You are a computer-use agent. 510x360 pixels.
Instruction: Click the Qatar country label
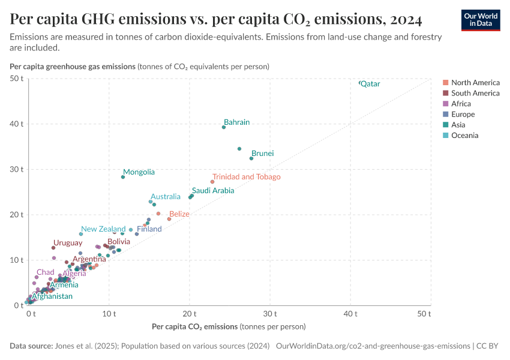coord(370,84)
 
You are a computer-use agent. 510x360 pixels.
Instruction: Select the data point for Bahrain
coord(224,127)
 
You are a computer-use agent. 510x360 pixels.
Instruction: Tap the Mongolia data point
coord(123,177)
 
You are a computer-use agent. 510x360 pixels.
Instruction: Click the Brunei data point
coord(251,158)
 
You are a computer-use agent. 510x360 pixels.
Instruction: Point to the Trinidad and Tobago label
coord(246,177)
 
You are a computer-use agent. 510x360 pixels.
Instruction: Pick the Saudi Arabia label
coord(213,191)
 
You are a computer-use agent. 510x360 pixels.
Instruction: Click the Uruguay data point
coord(53,248)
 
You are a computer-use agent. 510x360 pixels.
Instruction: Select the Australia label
coord(165,197)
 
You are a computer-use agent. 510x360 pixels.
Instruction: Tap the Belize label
coord(179,214)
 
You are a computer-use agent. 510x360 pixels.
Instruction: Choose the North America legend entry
coord(475,83)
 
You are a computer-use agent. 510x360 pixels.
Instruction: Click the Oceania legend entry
coord(464,136)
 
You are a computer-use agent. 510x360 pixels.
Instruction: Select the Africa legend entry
coord(462,104)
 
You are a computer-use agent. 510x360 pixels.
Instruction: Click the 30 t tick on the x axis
coord(270,314)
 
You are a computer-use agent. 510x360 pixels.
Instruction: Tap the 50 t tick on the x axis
coord(424,314)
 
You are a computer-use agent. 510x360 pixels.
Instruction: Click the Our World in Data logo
coord(481,20)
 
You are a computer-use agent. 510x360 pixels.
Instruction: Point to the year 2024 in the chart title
coord(406,20)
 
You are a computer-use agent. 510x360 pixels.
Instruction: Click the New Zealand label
coord(103,229)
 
